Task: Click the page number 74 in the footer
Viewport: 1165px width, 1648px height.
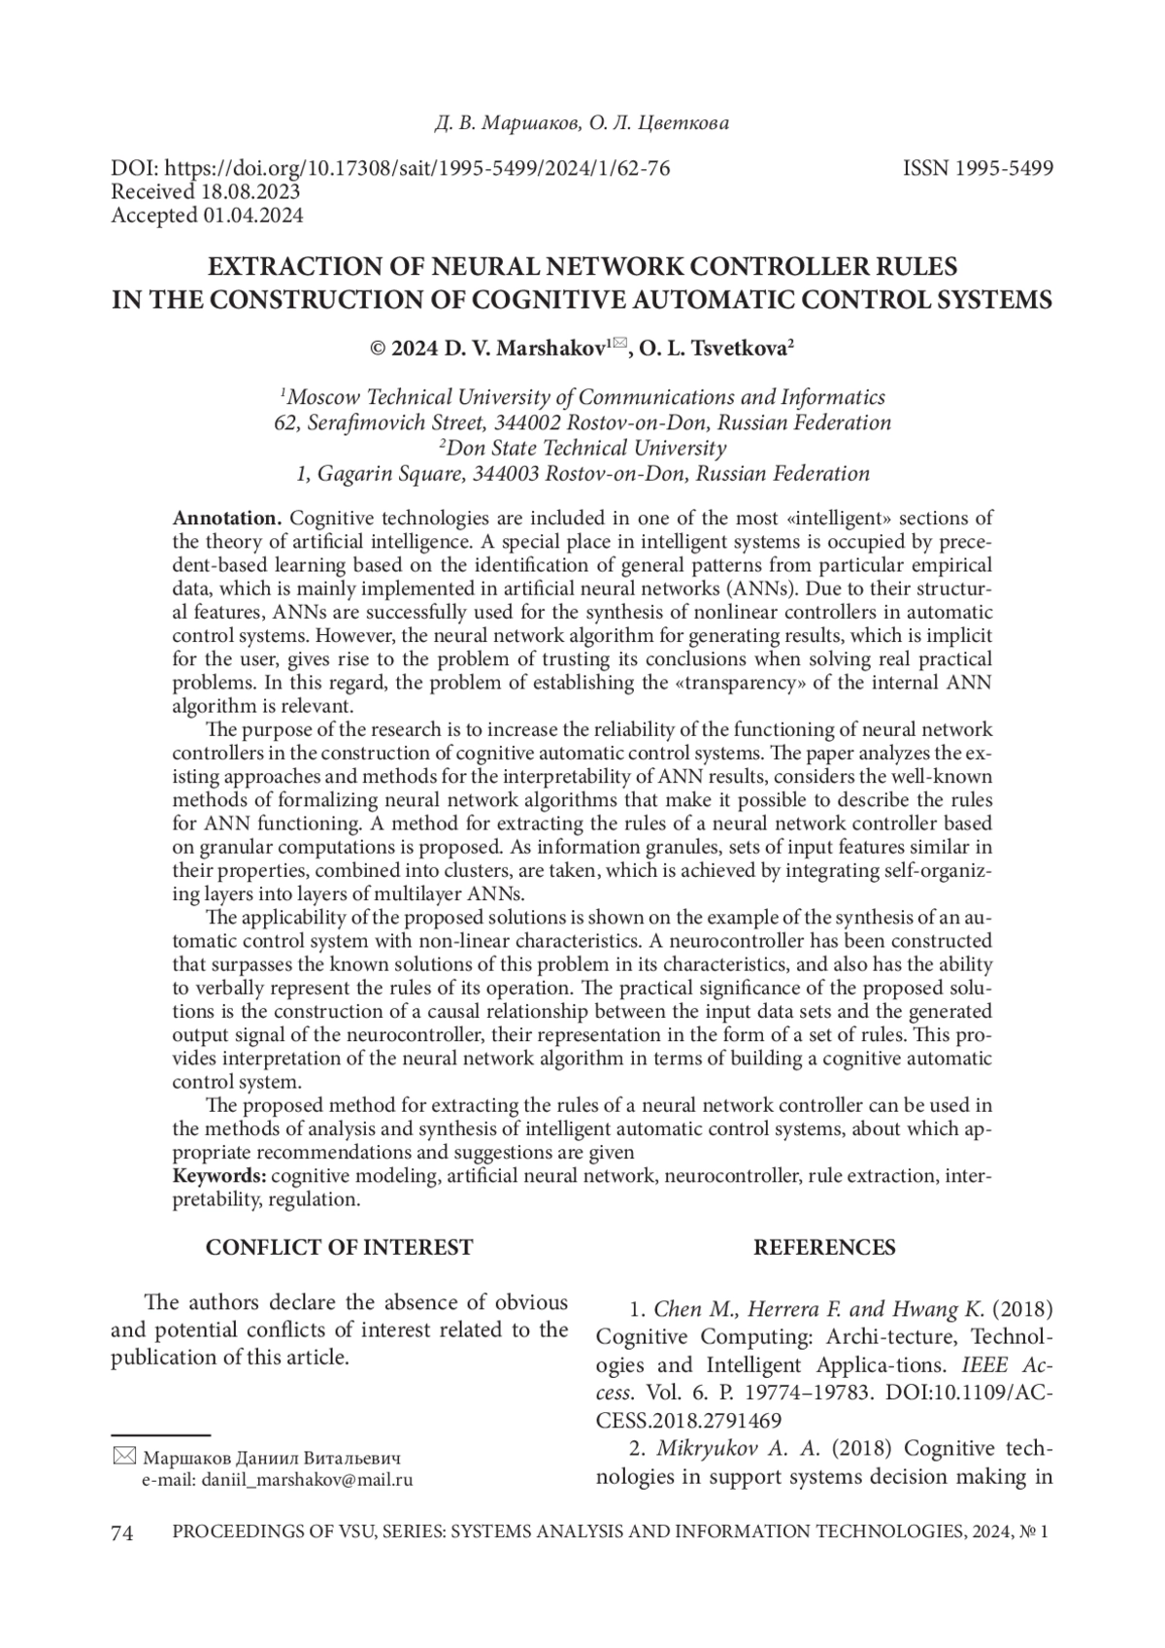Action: point(121,1533)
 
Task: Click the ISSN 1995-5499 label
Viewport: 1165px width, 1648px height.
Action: point(978,168)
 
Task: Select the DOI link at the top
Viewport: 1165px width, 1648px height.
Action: point(390,168)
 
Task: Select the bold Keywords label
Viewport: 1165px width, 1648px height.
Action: point(219,1177)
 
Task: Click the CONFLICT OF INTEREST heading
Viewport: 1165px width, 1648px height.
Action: point(339,1248)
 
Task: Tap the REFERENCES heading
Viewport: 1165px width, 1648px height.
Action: point(824,1248)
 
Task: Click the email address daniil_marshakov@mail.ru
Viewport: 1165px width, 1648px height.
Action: point(278,1480)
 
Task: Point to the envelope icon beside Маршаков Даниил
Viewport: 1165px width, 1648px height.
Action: point(124,1457)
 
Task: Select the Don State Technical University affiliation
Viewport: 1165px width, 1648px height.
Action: point(582,449)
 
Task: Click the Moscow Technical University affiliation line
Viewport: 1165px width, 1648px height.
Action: point(582,397)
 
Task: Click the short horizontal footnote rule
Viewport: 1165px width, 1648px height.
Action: point(160,1434)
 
